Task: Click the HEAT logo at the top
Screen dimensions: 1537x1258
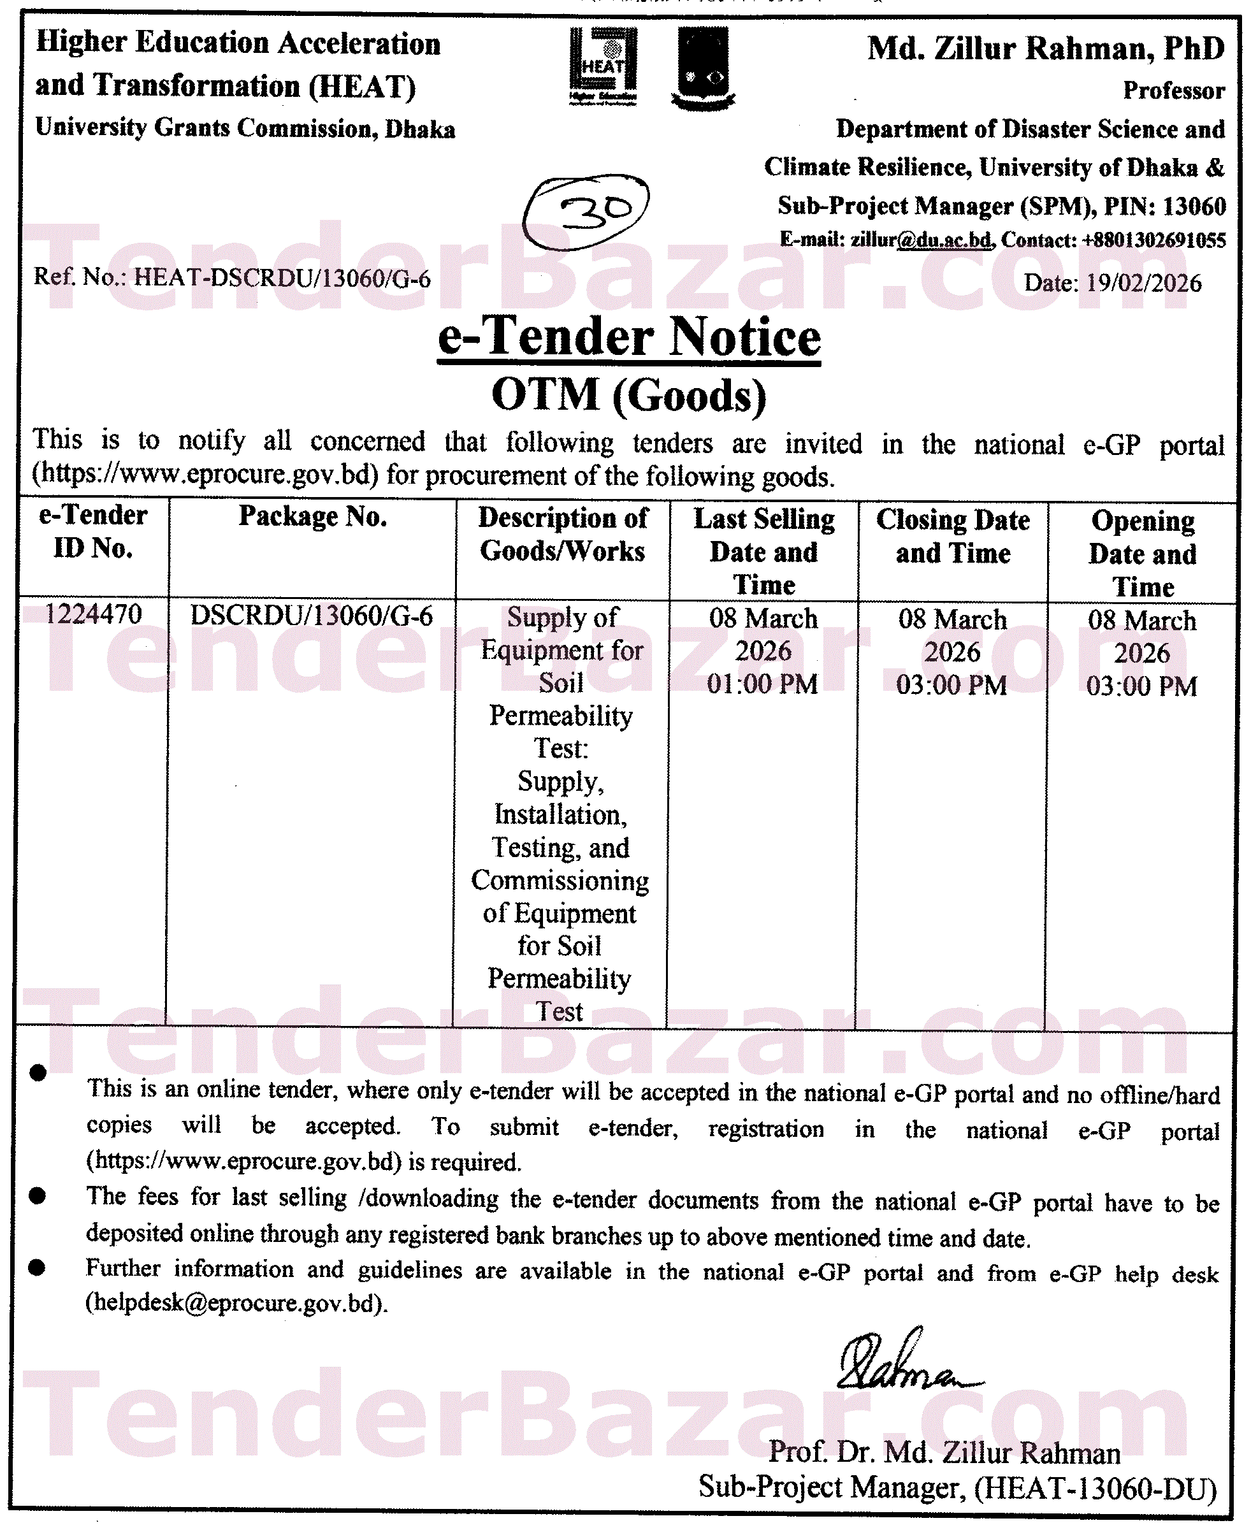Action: (603, 67)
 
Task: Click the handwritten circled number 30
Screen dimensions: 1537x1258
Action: (586, 211)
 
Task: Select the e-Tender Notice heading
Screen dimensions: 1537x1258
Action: (629, 338)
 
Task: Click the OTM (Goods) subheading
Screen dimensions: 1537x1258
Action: (629, 395)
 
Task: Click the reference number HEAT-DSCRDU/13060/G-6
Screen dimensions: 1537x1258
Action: (282, 278)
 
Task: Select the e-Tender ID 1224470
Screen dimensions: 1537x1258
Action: (94, 614)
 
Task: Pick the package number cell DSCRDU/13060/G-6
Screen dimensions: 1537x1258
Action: (312, 616)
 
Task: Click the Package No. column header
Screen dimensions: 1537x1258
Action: (312, 517)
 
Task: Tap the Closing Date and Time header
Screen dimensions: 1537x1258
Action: (953, 537)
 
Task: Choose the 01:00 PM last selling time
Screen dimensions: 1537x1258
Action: (762, 684)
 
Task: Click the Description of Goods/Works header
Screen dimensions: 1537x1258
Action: (563, 535)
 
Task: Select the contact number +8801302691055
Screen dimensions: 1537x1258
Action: (1153, 240)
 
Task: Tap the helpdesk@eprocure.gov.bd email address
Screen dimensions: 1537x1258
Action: (236, 1304)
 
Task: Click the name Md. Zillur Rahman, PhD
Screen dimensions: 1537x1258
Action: (1046, 49)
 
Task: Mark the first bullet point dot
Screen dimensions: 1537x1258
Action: (38, 1073)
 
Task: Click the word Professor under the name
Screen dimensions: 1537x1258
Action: (1173, 90)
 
